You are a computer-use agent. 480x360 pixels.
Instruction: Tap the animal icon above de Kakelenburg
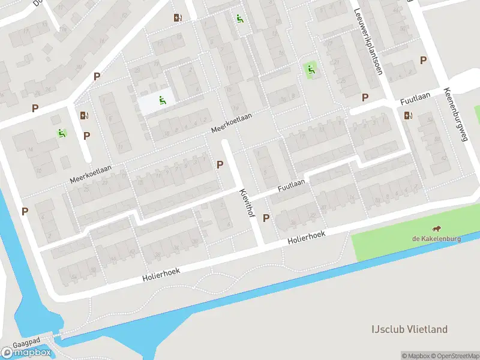tap(437, 229)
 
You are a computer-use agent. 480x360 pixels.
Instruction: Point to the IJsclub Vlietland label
tap(409, 329)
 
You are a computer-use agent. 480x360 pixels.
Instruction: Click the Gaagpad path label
tap(29, 340)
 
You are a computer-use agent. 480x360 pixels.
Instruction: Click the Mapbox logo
tap(26, 353)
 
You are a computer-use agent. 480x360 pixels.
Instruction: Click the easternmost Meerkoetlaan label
tap(231, 122)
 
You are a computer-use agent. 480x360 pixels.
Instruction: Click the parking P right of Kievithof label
tap(266, 218)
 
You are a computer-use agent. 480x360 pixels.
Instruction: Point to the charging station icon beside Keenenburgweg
tap(409, 116)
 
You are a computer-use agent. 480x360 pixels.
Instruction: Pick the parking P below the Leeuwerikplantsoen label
tap(365, 97)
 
